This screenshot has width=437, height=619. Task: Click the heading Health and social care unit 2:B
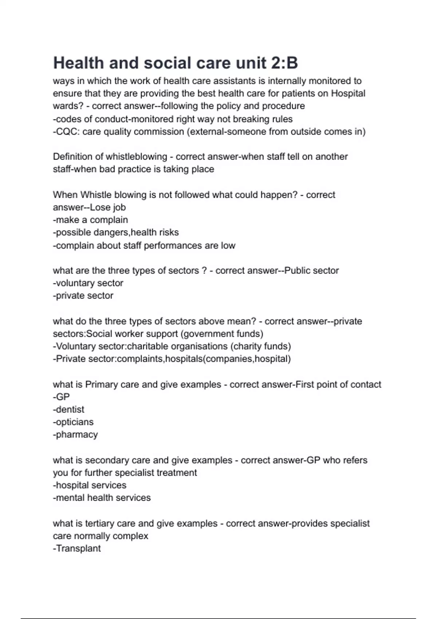[x=176, y=63]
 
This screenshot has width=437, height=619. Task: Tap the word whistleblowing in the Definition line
[x=136, y=157]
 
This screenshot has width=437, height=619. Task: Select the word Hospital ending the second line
[x=348, y=94]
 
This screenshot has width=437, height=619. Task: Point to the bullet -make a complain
[x=90, y=220]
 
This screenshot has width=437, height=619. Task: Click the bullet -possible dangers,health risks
[x=116, y=232]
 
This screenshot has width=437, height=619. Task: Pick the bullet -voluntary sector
[x=88, y=283]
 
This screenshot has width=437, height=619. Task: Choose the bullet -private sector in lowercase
[x=83, y=296]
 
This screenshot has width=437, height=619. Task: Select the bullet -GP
[x=61, y=397]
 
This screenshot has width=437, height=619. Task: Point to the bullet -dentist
[x=68, y=410]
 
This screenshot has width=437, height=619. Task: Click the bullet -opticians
[x=73, y=422]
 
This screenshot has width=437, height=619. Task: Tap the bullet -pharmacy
[x=75, y=435]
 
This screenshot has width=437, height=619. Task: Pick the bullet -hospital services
[x=90, y=485]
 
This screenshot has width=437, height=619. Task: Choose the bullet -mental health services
[x=102, y=498]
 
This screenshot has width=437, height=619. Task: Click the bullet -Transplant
[x=77, y=548]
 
